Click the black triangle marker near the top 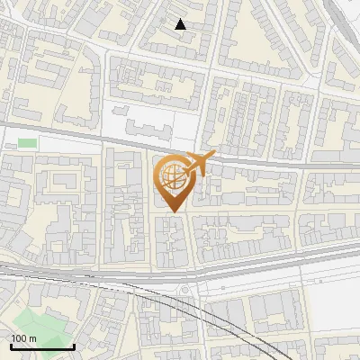(x=181, y=24)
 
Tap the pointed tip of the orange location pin (x=174, y=211)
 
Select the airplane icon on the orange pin (x=197, y=163)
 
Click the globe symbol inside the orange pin (x=172, y=175)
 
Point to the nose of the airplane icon (x=213, y=156)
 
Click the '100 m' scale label (x=23, y=337)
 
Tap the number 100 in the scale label (x=19, y=337)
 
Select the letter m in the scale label (x=33, y=338)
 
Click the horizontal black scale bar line (x=42, y=346)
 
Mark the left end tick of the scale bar (x=12, y=345)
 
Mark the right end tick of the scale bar (x=74, y=345)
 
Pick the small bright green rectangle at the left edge (x=28, y=143)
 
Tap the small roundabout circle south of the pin (x=186, y=290)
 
